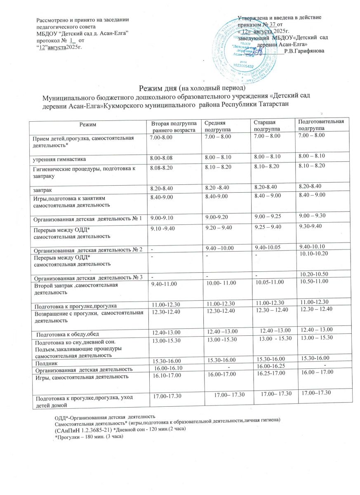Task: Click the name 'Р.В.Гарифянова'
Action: pos(304,50)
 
